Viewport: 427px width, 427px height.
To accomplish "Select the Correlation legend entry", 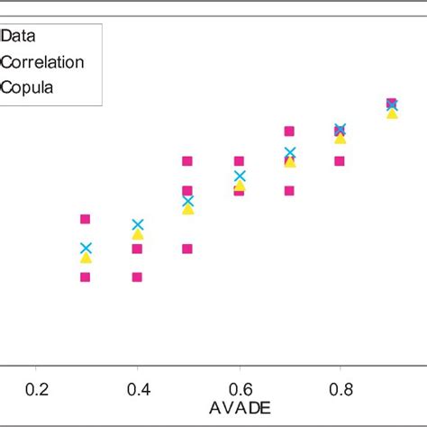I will tap(43, 62).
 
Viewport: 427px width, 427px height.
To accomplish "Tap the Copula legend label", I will tap(28, 87).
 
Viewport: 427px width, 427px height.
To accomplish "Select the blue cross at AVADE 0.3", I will tap(86, 248).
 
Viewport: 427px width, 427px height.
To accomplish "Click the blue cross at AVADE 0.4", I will tap(137, 225).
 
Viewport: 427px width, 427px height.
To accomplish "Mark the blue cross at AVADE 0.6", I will tap(239, 177).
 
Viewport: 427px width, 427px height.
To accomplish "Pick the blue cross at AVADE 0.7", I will tap(290, 153).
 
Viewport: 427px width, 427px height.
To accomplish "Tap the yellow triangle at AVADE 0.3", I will tap(86, 259).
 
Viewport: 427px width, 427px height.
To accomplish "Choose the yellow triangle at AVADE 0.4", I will tap(137, 235).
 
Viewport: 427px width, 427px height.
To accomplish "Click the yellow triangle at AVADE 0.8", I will tap(341, 139).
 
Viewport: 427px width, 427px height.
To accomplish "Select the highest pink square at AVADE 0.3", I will tap(86, 219).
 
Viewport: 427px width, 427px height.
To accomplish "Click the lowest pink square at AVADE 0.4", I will tap(137, 277).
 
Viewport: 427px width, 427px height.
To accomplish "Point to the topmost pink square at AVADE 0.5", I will tap(187, 161).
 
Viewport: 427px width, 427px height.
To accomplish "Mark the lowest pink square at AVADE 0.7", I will tap(290, 191).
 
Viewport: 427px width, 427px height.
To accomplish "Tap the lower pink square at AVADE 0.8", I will tap(341, 161).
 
